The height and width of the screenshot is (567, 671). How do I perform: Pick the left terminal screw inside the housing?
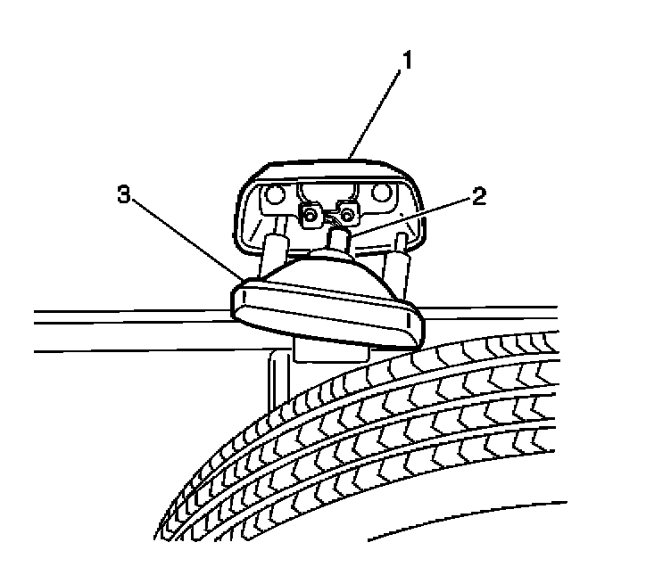click(311, 215)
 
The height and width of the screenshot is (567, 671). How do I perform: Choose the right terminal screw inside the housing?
click(349, 213)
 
